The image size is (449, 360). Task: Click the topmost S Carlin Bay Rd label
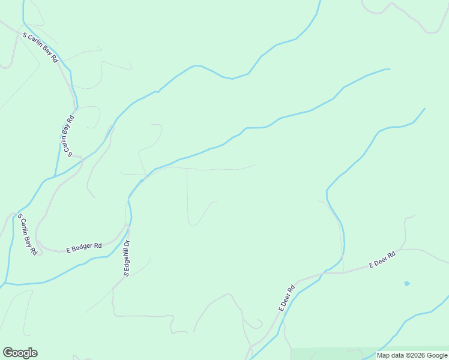pos(40,47)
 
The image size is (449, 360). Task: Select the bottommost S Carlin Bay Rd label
pos(28,235)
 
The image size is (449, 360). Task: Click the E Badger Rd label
pos(84,247)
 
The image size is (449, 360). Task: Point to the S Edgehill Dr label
pos(127,258)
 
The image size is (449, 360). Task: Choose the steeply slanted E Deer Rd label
pos(287,298)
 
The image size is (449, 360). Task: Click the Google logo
pos(20,353)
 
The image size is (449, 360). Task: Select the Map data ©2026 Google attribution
pos(412,355)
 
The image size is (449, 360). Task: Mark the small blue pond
pos(407,283)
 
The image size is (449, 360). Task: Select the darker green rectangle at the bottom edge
pos(333,353)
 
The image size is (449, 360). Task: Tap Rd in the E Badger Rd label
pos(97,245)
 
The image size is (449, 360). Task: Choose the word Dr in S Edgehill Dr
pos(127,243)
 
